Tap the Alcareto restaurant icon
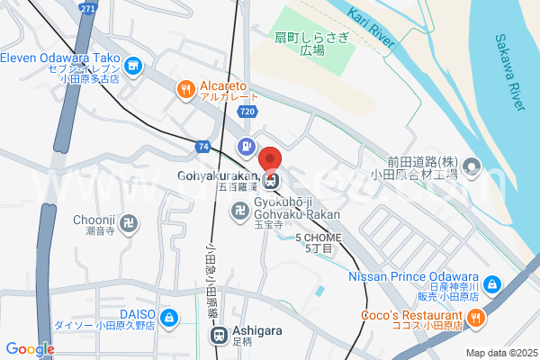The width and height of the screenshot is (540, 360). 185,88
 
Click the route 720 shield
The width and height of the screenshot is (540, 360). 247,111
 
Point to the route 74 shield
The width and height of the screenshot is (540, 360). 203,146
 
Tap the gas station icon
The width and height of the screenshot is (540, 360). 244,146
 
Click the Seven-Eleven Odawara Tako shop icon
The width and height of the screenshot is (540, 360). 133,65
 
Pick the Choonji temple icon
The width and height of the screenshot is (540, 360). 131,219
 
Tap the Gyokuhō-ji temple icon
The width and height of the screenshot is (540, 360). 239,212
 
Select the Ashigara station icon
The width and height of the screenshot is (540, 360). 219,336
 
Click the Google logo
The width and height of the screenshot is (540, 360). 30,348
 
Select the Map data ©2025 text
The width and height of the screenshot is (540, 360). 500,353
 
